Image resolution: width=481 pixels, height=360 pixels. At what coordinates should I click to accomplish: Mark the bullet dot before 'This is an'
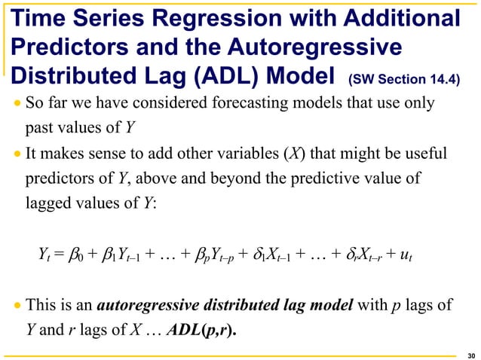click(17, 308)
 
